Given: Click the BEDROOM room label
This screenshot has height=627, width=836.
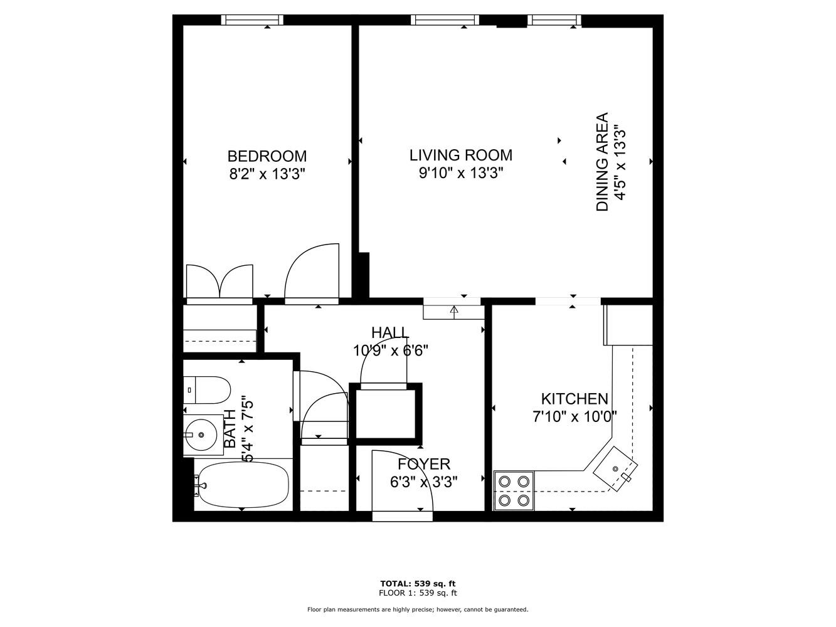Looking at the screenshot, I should (267, 156).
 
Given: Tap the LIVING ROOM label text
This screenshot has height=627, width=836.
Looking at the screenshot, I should (460, 155).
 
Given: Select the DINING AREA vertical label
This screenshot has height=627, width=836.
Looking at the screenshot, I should (602, 162).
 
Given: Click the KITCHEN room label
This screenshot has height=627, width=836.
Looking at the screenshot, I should (574, 399).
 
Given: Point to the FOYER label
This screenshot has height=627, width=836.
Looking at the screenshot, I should (424, 464).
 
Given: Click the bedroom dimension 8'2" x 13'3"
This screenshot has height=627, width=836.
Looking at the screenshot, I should (267, 174).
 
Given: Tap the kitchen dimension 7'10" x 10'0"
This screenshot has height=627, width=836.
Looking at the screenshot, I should (574, 416).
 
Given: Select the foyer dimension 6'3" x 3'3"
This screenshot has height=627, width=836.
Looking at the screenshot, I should (424, 482).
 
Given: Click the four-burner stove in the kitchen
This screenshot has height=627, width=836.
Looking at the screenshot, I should (514, 491).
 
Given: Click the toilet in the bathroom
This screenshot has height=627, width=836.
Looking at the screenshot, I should (206, 389).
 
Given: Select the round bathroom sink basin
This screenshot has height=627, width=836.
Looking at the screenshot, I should (200, 434).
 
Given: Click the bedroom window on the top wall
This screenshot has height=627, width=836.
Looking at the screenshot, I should (252, 20).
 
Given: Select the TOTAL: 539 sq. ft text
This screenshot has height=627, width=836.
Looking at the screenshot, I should (418, 583).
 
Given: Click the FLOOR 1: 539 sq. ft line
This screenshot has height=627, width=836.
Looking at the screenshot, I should (418, 593).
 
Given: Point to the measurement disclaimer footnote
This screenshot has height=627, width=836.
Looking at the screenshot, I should (418, 609).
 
